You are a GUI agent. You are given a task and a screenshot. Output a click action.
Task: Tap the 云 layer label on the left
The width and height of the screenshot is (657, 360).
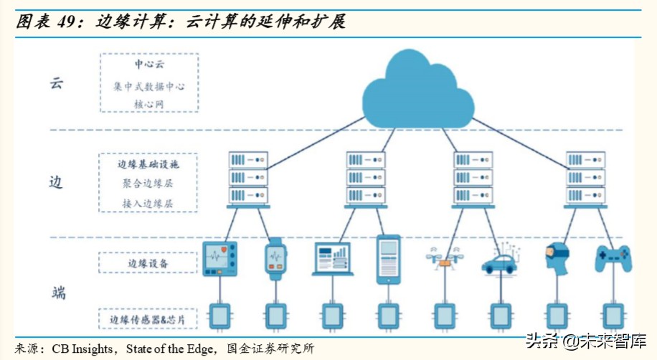57,82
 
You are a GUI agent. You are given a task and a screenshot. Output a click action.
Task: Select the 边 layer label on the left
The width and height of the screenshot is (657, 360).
56,181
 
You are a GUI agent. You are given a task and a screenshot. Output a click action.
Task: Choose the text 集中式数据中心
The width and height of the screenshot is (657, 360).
148,86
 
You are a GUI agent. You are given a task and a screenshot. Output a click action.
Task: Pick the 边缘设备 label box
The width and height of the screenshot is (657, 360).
148,263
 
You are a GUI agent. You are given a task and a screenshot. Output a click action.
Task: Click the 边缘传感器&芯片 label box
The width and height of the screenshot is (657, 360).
148,318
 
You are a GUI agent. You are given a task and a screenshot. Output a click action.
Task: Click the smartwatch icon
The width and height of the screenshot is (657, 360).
275,259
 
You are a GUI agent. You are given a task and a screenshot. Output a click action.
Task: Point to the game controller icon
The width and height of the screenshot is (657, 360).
613,258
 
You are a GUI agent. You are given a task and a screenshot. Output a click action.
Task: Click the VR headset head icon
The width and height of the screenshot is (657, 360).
556,259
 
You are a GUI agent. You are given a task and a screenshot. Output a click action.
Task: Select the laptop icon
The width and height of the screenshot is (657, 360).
331,259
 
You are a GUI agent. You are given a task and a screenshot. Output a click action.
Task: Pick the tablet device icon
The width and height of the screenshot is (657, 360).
388,259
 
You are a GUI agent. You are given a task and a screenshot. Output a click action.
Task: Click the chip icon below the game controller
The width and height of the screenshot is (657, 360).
613,316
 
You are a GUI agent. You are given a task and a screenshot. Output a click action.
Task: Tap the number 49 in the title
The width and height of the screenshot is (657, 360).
66,22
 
